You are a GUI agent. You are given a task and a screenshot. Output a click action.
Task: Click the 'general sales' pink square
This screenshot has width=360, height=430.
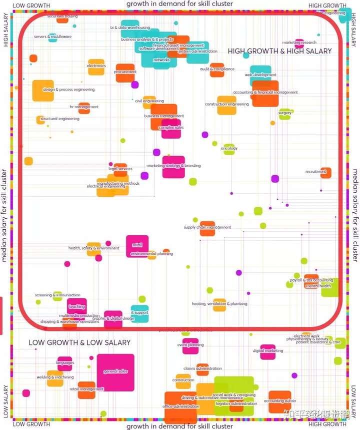pos(115,372)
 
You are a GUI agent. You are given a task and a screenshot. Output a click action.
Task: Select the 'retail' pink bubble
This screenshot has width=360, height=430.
pos(137,245)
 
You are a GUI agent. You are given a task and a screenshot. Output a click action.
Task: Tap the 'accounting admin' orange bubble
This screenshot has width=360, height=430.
pos(279,401)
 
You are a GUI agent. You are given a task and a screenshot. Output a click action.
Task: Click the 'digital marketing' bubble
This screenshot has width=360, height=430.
pos(267,351)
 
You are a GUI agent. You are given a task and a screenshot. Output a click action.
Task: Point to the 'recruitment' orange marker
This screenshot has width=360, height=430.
pos(325,173)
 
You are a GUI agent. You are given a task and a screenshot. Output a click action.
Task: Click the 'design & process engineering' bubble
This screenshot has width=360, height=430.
pos(43,91)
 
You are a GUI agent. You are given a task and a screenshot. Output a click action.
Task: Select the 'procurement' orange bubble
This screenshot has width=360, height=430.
pos(125,72)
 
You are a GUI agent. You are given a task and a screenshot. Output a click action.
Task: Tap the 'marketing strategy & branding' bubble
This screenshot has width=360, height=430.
pos(173,167)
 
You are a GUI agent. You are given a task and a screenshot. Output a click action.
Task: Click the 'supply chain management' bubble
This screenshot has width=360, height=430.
pos(207,228)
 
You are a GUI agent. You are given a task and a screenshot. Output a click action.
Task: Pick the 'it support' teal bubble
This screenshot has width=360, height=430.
pos(140,313)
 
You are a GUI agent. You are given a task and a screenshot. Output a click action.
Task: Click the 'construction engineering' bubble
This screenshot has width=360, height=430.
pos(226,105)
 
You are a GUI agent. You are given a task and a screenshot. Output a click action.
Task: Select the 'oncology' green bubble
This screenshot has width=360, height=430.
pos(229,149)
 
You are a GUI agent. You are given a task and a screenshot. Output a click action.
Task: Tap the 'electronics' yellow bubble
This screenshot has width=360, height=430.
pos(96,67)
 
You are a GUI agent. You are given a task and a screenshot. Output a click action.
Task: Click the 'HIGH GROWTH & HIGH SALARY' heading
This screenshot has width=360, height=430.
pos(279,51)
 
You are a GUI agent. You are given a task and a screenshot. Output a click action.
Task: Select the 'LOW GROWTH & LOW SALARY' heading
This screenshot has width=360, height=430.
pos(79,343)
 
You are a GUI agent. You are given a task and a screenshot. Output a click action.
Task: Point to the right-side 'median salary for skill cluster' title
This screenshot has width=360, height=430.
pos(355,215)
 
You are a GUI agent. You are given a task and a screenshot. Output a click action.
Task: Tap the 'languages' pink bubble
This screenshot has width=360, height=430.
pos(65,363)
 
